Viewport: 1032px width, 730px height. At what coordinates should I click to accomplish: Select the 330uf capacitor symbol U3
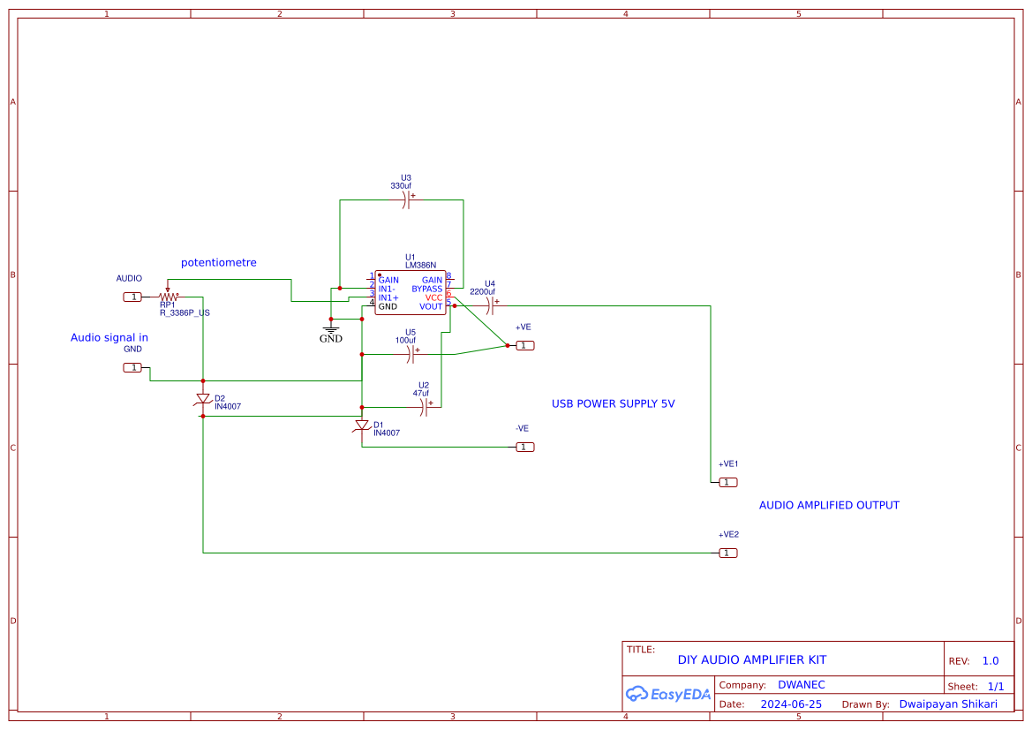click(x=405, y=200)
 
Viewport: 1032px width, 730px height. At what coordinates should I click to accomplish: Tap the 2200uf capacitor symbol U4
click(x=491, y=305)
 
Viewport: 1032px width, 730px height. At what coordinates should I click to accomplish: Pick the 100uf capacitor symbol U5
click(x=411, y=354)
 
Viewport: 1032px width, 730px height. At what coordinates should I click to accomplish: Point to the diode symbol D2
click(x=203, y=401)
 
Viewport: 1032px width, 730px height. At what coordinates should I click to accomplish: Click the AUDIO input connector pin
click(x=132, y=297)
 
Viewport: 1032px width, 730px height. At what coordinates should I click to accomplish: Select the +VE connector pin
click(x=524, y=345)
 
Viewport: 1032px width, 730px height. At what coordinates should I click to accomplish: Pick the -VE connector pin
click(x=524, y=447)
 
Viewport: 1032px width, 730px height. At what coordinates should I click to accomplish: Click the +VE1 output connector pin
click(x=727, y=482)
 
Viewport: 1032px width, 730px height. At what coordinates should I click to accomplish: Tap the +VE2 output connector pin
click(x=727, y=553)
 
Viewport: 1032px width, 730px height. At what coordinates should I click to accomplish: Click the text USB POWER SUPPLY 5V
click(x=613, y=403)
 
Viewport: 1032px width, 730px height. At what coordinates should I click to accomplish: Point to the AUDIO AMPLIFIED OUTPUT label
click(x=829, y=506)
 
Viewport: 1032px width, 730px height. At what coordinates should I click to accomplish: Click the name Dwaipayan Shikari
click(x=948, y=704)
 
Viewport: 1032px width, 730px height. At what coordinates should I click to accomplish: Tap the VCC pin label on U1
click(x=433, y=297)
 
